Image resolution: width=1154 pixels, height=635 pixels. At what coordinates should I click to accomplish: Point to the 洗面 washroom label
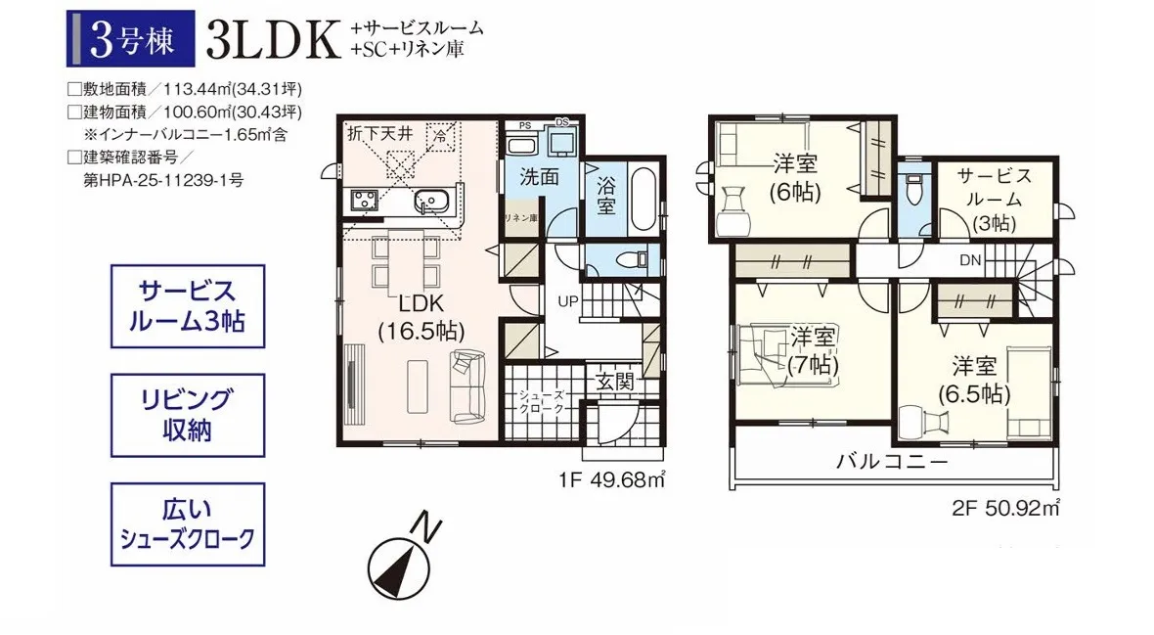coord(539,177)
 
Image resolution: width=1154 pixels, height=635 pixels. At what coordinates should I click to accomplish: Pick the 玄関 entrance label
coord(615,381)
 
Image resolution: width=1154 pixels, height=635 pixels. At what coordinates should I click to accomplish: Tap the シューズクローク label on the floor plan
coord(542,402)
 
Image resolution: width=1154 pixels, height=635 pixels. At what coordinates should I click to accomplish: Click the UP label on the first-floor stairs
coord(568,300)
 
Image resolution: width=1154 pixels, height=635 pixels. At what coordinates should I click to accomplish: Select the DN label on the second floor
coord(969,260)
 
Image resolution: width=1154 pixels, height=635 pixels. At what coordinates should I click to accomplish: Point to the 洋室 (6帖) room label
coord(794,176)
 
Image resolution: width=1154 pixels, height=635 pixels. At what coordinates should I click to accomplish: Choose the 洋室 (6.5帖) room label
coord(974,380)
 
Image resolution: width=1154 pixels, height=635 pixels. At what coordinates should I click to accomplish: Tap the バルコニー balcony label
coord(891,461)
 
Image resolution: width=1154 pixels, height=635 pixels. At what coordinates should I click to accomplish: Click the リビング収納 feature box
coord(187,415)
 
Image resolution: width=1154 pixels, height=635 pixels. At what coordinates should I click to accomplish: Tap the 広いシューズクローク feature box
coord(187,523)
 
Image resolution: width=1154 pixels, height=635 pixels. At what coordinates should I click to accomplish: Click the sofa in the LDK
coord(468,386)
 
